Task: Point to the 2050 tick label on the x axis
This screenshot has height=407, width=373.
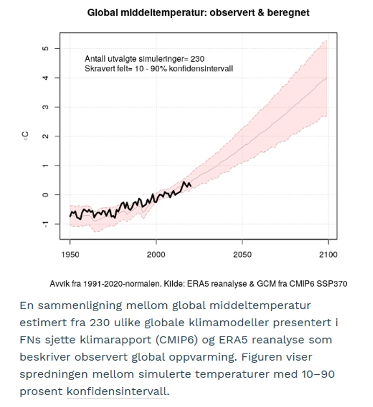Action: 242,255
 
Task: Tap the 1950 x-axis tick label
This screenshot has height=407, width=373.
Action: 70,255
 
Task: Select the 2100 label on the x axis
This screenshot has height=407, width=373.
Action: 328,255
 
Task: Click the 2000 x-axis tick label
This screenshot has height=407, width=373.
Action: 156,255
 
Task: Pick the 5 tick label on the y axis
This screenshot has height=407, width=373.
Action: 45,48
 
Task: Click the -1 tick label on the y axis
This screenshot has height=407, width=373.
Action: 45,224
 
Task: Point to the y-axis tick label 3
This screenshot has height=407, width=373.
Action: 45,107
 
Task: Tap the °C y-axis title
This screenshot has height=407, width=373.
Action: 25,136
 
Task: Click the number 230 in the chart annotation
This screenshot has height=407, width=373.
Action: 198,59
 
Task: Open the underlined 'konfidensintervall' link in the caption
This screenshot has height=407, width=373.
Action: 116,391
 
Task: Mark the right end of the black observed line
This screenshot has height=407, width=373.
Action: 191,186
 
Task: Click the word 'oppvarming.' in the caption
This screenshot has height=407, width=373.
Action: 203,357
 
